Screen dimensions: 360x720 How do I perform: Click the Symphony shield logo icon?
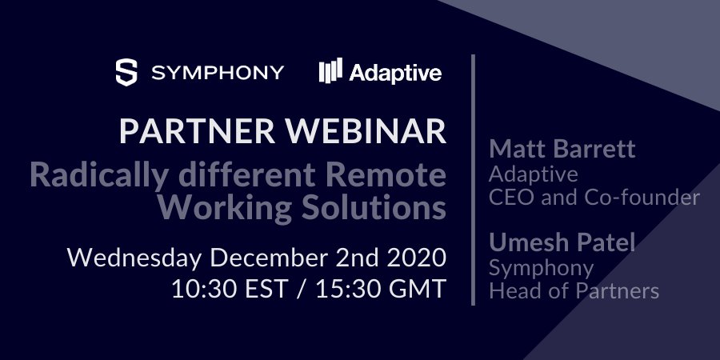127,72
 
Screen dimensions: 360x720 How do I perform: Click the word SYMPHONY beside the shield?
218,73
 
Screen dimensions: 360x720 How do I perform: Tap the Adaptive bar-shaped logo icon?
330,72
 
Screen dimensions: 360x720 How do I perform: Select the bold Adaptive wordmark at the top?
395,73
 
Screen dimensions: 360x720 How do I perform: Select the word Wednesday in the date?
135,258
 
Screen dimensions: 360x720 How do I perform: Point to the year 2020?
414,258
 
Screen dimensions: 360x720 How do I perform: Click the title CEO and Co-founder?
594,197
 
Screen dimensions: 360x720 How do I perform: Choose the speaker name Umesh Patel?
562,242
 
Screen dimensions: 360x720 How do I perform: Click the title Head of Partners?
574,290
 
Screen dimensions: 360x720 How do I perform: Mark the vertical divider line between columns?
474,180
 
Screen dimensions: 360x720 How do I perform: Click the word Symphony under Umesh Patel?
541,267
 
